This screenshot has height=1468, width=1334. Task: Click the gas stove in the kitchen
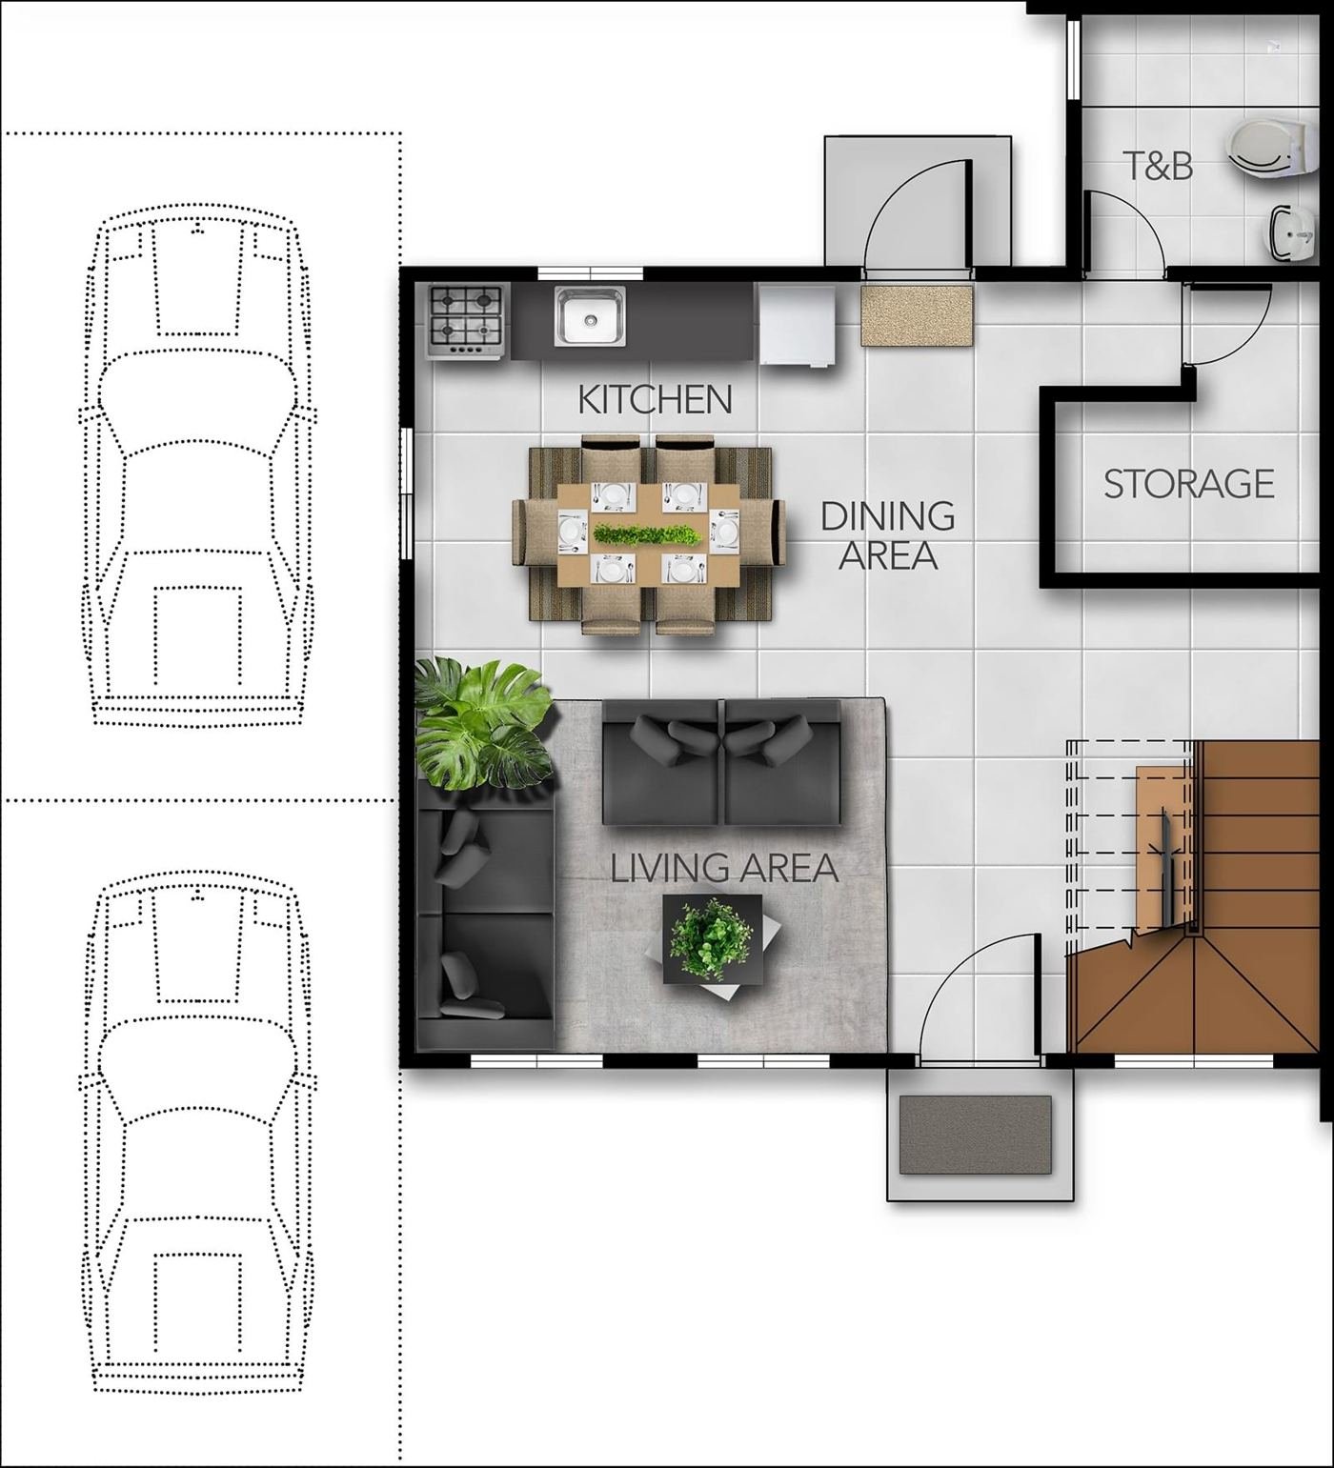pyautogui.click(x=465, y=321)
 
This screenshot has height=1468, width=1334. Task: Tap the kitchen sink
pyautogui.click(x=591, y=316)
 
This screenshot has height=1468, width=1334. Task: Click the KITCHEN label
pyautogui.click(x=656, y=399)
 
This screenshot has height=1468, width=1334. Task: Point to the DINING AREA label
pyautogui.click(x=888, y=534)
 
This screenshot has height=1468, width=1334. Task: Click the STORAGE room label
pyautogui.click(x=1188, y=484)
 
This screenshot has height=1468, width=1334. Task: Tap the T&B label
pyautogui.click(x=1158, y=166)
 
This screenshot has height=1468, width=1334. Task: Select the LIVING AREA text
pyautogui.click(x=724, y=868)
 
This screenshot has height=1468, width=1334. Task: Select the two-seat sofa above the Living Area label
pyautogui.click(x=722, y=762)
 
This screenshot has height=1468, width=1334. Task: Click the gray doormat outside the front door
pyautogui.click(x=976, y=1135)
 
